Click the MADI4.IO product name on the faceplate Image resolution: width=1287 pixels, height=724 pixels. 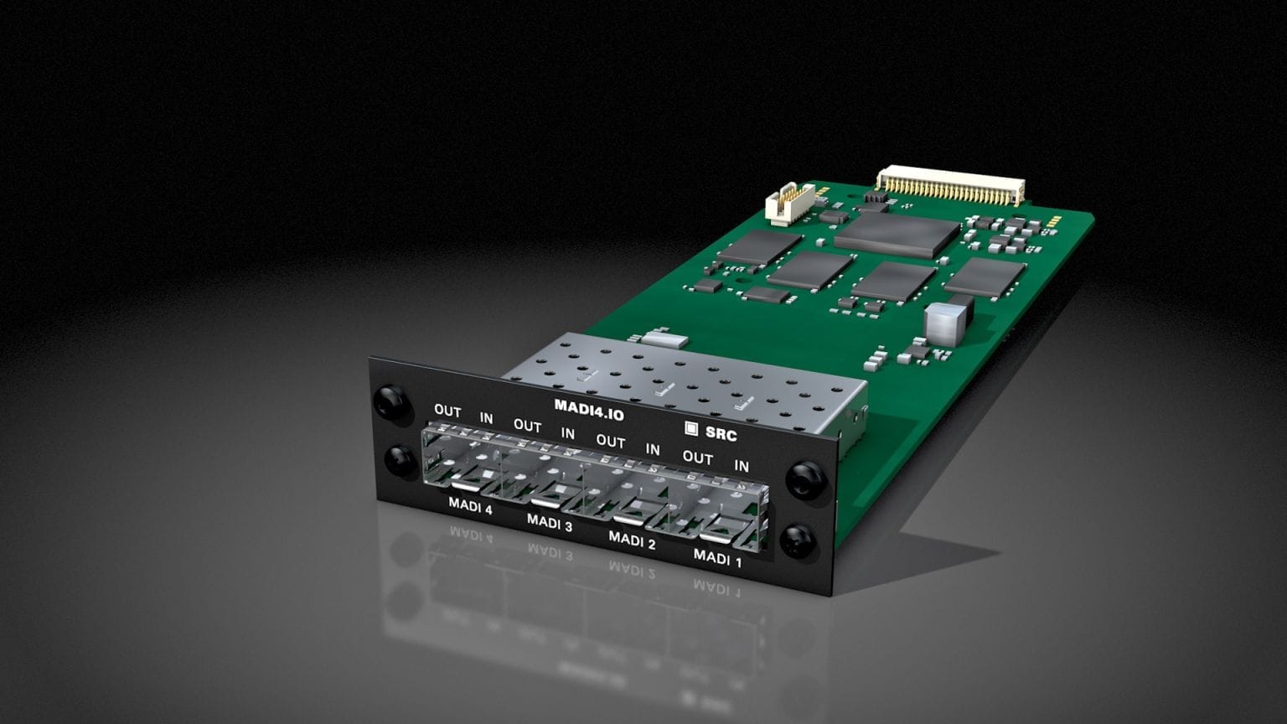coord(588,410)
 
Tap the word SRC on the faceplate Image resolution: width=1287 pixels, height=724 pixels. coord(721,434)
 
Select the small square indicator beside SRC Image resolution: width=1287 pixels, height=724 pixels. coord(691,428)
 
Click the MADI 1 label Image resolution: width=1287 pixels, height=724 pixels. coord(717,557)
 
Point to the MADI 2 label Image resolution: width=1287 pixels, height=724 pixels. coord(632,540)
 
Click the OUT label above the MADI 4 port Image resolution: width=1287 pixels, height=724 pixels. coord(447,411)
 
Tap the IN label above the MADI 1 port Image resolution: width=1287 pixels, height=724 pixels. coord(742,465)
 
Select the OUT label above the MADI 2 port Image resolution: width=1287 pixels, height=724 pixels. coord(611,441)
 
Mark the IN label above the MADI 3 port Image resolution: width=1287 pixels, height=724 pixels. coord(568,433)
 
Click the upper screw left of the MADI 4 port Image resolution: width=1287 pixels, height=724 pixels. coord(392,401)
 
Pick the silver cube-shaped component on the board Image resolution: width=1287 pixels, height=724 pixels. coord(944,323)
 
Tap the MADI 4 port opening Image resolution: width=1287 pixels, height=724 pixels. coord(461,462)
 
